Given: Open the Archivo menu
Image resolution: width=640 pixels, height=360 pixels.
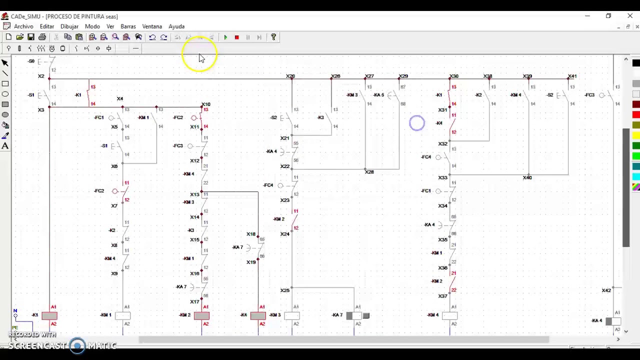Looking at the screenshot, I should [23, 26].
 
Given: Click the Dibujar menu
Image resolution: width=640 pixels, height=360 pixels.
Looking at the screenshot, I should [69, 26].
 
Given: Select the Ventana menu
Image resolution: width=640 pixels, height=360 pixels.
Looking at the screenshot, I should [152, 26].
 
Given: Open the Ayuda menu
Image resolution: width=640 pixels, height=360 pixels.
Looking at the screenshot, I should [176, 26].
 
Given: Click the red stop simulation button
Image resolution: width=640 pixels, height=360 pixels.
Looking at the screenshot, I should [236, 37].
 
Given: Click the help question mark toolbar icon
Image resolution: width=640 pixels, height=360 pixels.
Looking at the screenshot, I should [273, 37].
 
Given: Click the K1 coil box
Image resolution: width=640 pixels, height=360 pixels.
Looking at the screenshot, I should [49, 315].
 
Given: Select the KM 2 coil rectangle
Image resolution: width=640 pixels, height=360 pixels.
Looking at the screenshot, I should [201, 315].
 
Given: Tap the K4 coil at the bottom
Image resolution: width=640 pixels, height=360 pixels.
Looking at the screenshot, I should [258, 315].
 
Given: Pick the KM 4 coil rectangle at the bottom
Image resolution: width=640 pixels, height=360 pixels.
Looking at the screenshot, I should [449, 315].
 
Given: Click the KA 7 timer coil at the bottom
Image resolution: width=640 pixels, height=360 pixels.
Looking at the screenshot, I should [357, 315].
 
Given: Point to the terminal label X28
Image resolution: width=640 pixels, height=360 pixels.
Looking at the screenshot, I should [369, 172].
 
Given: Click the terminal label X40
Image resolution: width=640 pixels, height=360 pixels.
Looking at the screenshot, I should [527, 177].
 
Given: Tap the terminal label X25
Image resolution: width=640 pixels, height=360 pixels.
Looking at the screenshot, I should [284, 290].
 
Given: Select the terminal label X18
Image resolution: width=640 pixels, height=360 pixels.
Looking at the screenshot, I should [250, 234].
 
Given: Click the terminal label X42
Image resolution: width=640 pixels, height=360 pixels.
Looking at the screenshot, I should [606, 290].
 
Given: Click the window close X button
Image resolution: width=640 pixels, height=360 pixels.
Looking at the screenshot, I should [630, 16].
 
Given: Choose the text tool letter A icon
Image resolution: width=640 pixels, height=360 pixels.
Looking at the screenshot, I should [5, 146].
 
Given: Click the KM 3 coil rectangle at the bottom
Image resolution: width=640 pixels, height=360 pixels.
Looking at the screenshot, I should [292, 315].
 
